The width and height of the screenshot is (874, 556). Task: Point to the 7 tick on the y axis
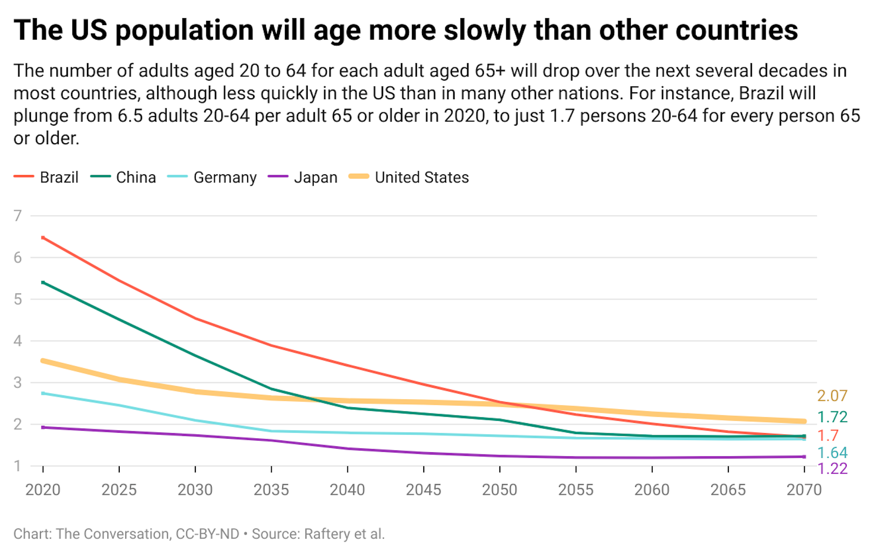pyautogui.click(x=18, y=216)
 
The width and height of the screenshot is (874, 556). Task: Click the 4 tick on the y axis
pyautogui.click(x=18, y=341)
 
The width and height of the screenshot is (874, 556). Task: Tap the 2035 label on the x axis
pyautogui.click(x=271, y=490)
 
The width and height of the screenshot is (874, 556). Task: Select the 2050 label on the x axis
pyautogui.click(x=500, y=490)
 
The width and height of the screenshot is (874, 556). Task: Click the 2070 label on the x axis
pyautogui.click(x=804, y=490)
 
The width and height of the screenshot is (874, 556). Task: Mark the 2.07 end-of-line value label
pyautogui.click(x=832, y=396)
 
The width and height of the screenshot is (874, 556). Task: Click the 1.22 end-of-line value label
pyautogui.click(x=832, y=468)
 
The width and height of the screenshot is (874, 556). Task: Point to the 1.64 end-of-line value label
pyautogui.click(x=832, y=453)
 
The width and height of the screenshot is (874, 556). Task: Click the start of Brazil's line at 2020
pyautogui.click(x=43, y=238)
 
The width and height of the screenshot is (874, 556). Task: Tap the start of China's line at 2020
pyautogui.click(x=43, y=283)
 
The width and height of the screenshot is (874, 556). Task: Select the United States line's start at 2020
pyautogui.click(x=43, y=361)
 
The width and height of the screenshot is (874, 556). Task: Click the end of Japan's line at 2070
pyautogui.click(x=804, y=457)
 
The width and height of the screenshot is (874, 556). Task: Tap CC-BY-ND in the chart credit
pyautogui.click(x=207, y=534)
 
